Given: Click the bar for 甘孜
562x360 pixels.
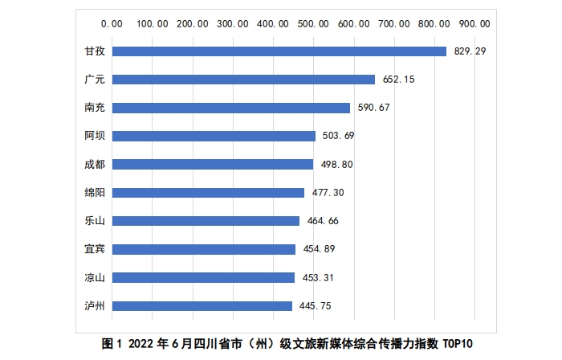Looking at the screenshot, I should tap(279, 51).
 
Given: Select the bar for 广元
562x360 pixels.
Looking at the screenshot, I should tap(243, 80).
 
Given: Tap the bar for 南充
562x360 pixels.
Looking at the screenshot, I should tap(230, 108).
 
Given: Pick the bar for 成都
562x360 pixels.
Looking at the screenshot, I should tap(212, 164).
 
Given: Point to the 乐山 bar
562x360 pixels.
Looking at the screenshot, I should tap(206, 221).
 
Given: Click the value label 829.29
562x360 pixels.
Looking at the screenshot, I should tap(470, 51).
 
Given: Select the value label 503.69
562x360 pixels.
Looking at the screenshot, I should tap(339, 136).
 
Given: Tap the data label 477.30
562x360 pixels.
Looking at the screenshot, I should tap(328, 193).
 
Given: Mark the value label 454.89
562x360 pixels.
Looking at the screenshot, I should tap(319, 249).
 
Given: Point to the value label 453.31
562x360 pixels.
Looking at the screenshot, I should tap(318, 277).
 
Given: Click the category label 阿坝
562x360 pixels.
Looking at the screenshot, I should tap(95, 136).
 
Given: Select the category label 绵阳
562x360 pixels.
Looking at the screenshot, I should tap(95, 193).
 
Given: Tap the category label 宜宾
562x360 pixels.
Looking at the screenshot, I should tap(95, 249).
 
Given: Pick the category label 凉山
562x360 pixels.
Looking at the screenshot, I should tap(95, 277).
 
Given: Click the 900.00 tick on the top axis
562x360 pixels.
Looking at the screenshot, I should tap(474, 23).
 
